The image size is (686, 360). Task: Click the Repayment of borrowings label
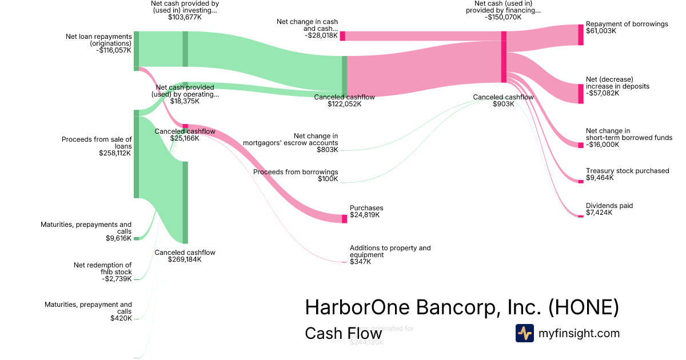click(627, 24)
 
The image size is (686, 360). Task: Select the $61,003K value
click(601, 31)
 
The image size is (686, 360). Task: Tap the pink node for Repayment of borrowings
click(581, 35)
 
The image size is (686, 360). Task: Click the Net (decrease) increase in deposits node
click(581, 94)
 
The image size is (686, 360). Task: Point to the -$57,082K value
click(603, 93)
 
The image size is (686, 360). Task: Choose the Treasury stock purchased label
click(627, 171)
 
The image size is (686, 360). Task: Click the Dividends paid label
click(609, 206)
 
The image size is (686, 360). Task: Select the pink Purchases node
click(344, 218)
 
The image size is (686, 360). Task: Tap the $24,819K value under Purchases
click(365, 215)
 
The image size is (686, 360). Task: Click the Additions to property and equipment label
click(390, 251)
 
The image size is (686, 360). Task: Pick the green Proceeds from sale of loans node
click(136, 154)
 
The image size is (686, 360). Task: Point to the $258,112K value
click(115, 153)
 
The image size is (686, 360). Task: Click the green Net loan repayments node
click(136, 51)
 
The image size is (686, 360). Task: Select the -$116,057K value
click(114, 50)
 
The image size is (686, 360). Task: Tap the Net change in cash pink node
click(342, 36)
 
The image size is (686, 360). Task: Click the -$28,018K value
click(321, 35)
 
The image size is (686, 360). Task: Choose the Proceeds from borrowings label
click(296, 172)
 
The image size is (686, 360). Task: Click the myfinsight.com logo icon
click(524, 333)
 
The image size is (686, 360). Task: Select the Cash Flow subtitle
click(343, 334)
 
